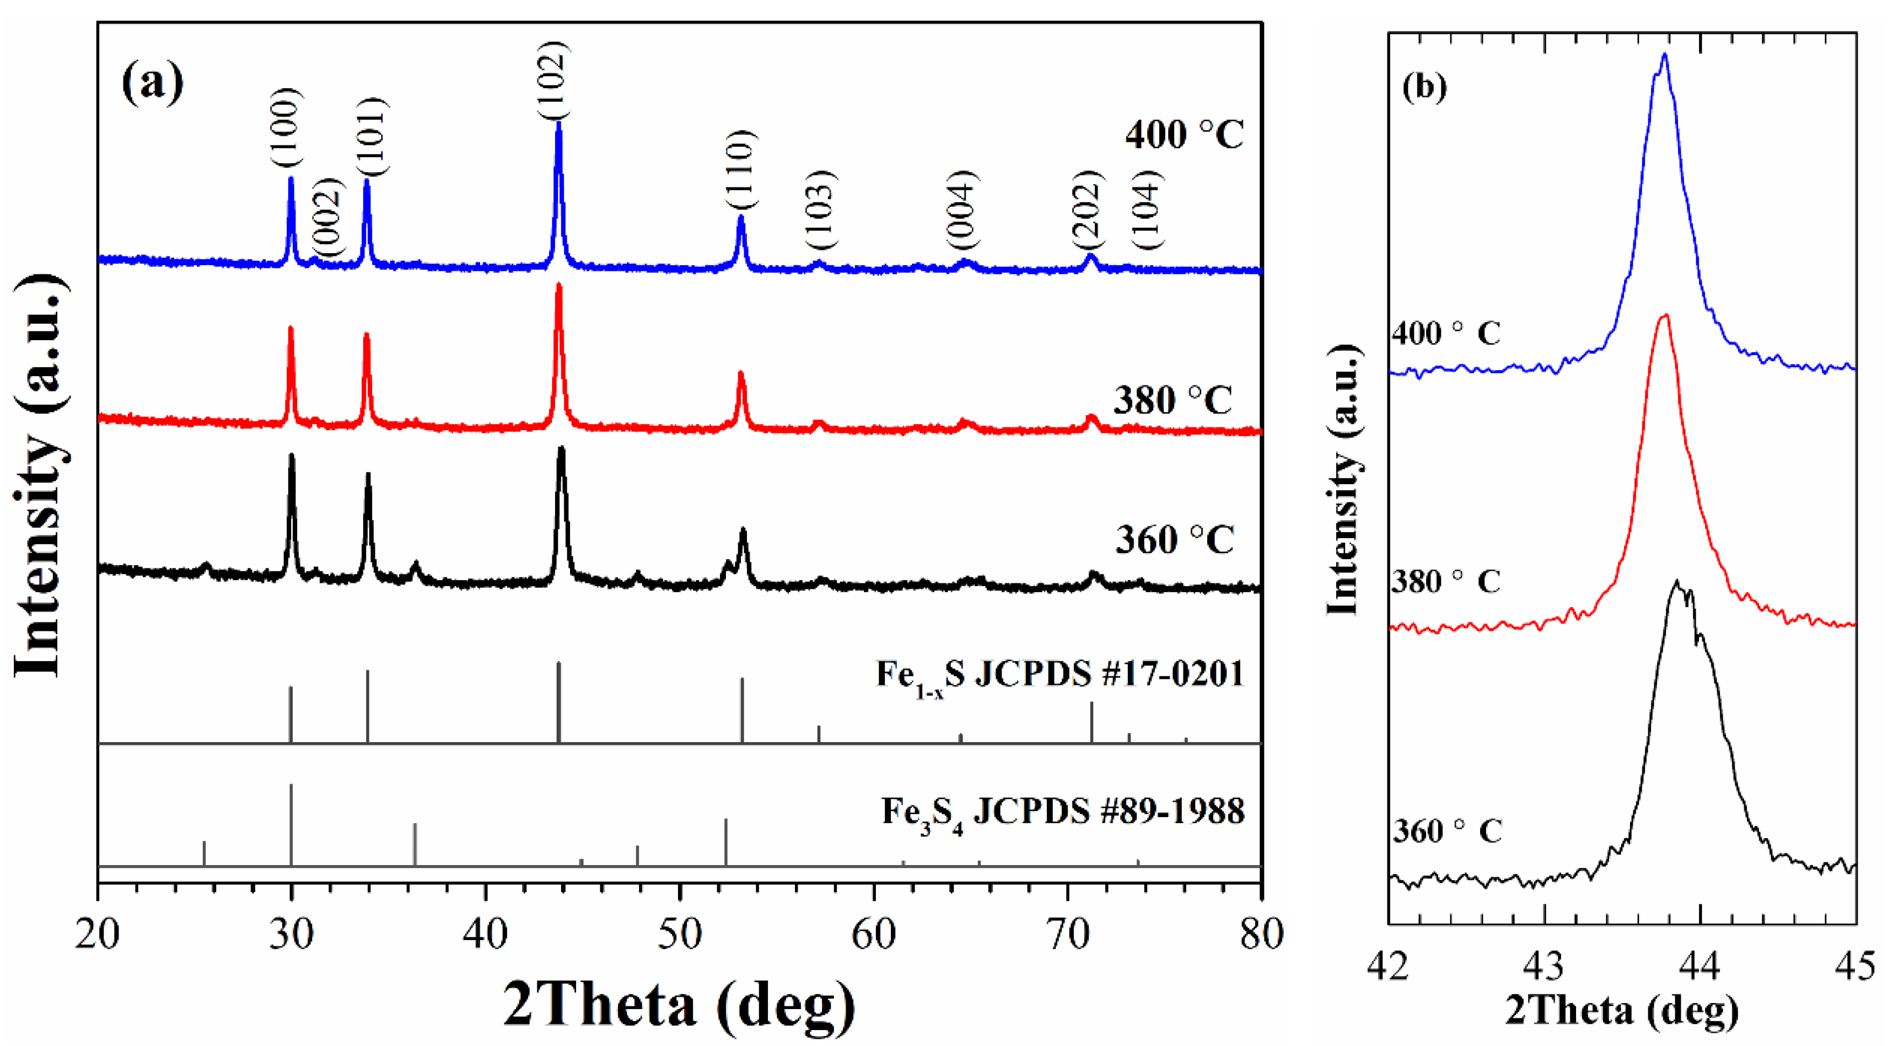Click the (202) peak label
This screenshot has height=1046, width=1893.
1087,211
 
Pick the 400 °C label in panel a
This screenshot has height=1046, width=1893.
1184,135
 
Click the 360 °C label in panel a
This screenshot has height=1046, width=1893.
1174,540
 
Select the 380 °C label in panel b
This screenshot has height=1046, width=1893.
1445,582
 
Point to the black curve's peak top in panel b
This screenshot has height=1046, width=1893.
1676,582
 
